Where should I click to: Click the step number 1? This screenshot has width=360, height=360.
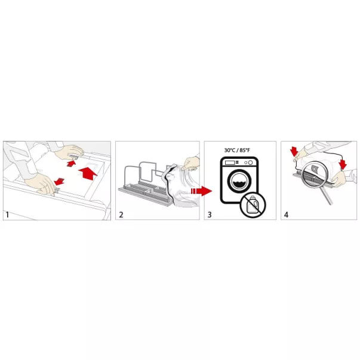point(7,215)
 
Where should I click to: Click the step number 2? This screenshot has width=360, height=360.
point(121,215)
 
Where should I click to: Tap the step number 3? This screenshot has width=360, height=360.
point(210,215)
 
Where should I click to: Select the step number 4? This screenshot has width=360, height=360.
point(286,215)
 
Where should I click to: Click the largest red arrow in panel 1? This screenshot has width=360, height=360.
point(88,173)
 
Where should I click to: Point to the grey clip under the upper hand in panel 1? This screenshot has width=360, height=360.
point(74,157)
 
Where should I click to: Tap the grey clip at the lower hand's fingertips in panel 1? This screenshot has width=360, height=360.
point(57,190)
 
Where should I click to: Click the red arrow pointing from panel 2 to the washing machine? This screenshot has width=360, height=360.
point(201,191)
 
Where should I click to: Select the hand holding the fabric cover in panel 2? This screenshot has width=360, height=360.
point(190,164)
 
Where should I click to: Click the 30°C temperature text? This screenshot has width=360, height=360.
point(230,150)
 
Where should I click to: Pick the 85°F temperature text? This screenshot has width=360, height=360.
point(245,150)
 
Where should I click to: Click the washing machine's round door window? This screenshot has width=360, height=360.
point(239,181)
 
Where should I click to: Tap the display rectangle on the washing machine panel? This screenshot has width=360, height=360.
point(230,162)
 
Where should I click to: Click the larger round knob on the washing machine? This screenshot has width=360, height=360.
point(251,162)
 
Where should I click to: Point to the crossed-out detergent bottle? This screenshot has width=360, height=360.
point(253,204)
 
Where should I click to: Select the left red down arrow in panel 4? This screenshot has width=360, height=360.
point(294,152)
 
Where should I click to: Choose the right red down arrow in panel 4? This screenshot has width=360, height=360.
point(343,164)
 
